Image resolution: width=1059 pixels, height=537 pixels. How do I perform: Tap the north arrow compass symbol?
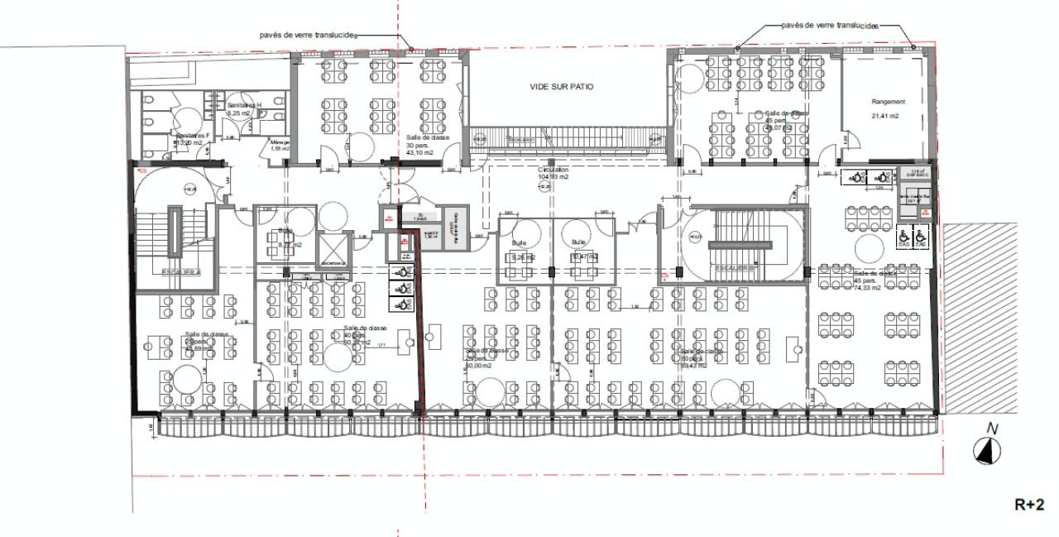987,450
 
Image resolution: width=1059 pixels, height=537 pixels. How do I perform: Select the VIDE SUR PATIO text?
562,87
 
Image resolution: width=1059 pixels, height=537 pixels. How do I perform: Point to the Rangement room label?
888,102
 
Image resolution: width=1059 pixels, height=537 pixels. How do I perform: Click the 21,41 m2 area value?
884,117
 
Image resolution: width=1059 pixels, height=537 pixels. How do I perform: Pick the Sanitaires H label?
244,105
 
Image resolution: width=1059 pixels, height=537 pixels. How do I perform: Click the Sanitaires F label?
191,135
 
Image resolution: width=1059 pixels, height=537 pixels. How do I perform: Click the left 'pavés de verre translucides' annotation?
307,36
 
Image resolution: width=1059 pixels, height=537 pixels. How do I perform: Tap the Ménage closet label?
278,144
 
